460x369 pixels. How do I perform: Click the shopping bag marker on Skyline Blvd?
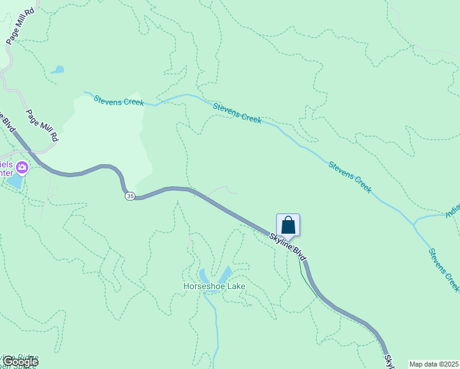[288, 226]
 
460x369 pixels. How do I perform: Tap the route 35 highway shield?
[129, 196]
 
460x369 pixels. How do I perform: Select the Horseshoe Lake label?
[214, 286]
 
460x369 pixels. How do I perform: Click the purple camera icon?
[22, 167]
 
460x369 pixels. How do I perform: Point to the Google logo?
[20, 362]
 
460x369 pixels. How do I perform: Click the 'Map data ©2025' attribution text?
[434, 364]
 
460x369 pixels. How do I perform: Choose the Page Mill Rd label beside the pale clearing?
[42, 126]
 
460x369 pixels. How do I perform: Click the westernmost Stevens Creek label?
[119, 100]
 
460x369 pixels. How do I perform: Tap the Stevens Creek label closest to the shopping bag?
[350, 177]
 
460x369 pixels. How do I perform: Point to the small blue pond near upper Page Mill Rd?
[57, 69]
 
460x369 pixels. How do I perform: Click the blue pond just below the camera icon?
[14, 183]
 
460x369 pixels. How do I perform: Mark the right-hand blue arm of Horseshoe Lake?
[226, 272]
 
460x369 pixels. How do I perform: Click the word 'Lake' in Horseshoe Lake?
[235, 286]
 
